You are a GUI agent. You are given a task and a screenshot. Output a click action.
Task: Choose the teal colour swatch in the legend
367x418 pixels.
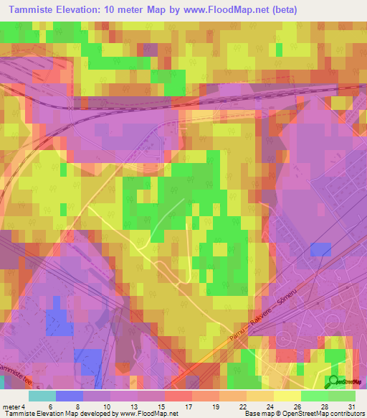(42, 396)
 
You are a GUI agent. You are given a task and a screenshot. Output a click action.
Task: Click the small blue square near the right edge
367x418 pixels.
(321, 249)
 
